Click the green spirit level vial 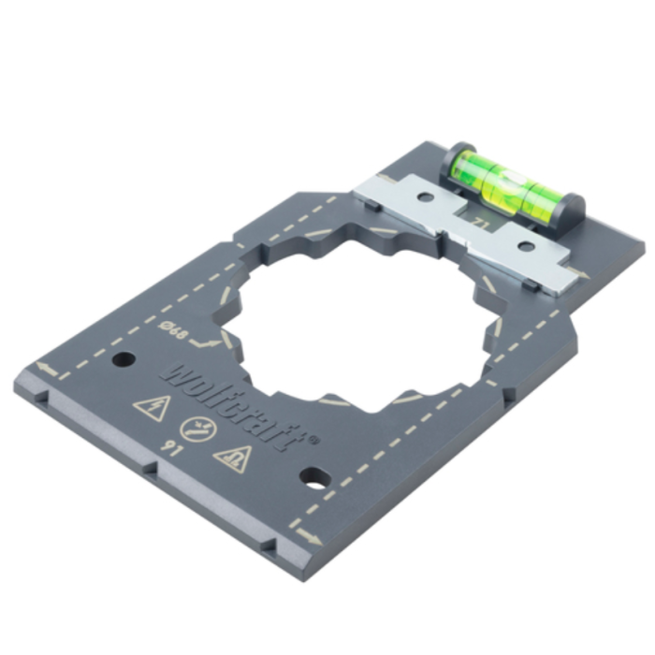point(506,181)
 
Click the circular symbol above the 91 point(195,429)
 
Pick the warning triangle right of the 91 point(231,458)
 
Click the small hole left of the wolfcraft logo point(122,358)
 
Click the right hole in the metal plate point(526,248)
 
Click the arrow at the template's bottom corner point(307,536)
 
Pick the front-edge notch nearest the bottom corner point(270,546)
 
